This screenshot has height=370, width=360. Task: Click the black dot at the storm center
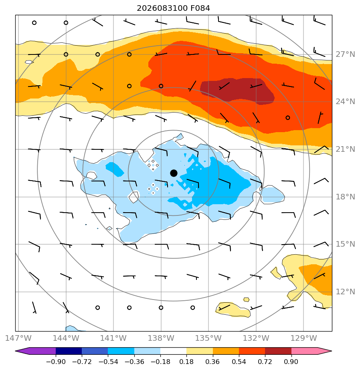click(x=174, y=173)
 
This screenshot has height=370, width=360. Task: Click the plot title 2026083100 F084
click(x=174, y=8)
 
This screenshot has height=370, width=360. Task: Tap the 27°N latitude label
click(x=345, y=54)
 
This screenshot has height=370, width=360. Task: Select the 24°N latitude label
click(x=345, y=102)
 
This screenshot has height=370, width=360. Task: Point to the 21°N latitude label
click(x=345, y=149)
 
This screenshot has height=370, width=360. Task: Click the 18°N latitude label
click(x=345, y=197)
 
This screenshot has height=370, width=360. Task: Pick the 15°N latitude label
click(x=345, y=244)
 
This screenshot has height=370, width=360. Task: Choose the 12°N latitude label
click(x=345, y=292)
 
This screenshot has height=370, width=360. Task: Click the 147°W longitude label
click(x=18, y=338)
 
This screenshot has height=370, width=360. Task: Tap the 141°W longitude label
click(x=113, y=338)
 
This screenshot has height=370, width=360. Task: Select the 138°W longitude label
click(x=161, y=338)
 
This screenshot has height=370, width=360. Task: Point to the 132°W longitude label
click(x=256, y=338)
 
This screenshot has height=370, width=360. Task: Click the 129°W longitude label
click(x=303, y=338)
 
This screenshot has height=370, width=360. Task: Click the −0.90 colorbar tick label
click(x=56, y=362)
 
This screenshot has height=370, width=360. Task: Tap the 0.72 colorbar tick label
click(x=265, y=362)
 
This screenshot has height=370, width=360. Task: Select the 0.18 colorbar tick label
click(x=186, y=362)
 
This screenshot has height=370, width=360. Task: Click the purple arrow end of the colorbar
click(x=35, y=351)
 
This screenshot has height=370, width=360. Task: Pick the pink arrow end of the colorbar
click(x=311, y=351)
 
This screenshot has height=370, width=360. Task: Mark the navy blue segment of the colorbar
click(x=69, y=351)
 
